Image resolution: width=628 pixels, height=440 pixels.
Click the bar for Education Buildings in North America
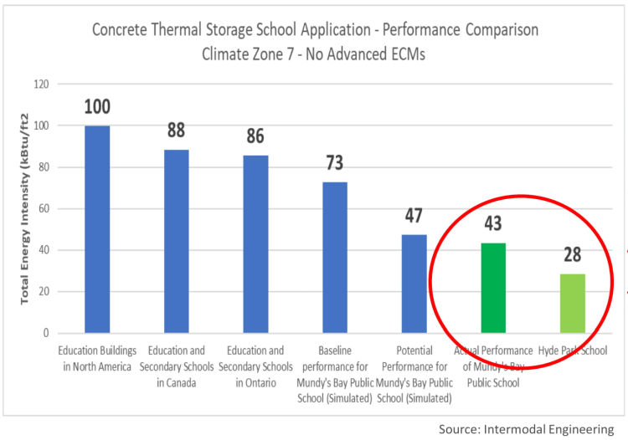pyautogui.click(x=97, y=229)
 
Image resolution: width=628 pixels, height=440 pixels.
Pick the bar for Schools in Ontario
pyautogui.click(x=256, y=243)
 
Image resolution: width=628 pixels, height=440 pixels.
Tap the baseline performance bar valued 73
pyautogui.click(x=335, y=257)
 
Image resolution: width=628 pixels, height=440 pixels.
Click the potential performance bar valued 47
pyautogui.click(x=414, y=284)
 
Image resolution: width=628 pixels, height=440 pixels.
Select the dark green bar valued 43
pyautogui.click(x=493, y=288)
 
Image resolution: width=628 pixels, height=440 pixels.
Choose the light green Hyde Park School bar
pyautogui.click(x=572, y=303)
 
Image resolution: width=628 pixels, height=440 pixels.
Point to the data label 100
pyautogui.click(x=97, y=107)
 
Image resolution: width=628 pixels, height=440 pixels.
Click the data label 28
pyautogui.click(x=572, y=255)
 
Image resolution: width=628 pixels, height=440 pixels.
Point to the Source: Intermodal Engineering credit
pyautogui.click(x=526, y=429)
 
